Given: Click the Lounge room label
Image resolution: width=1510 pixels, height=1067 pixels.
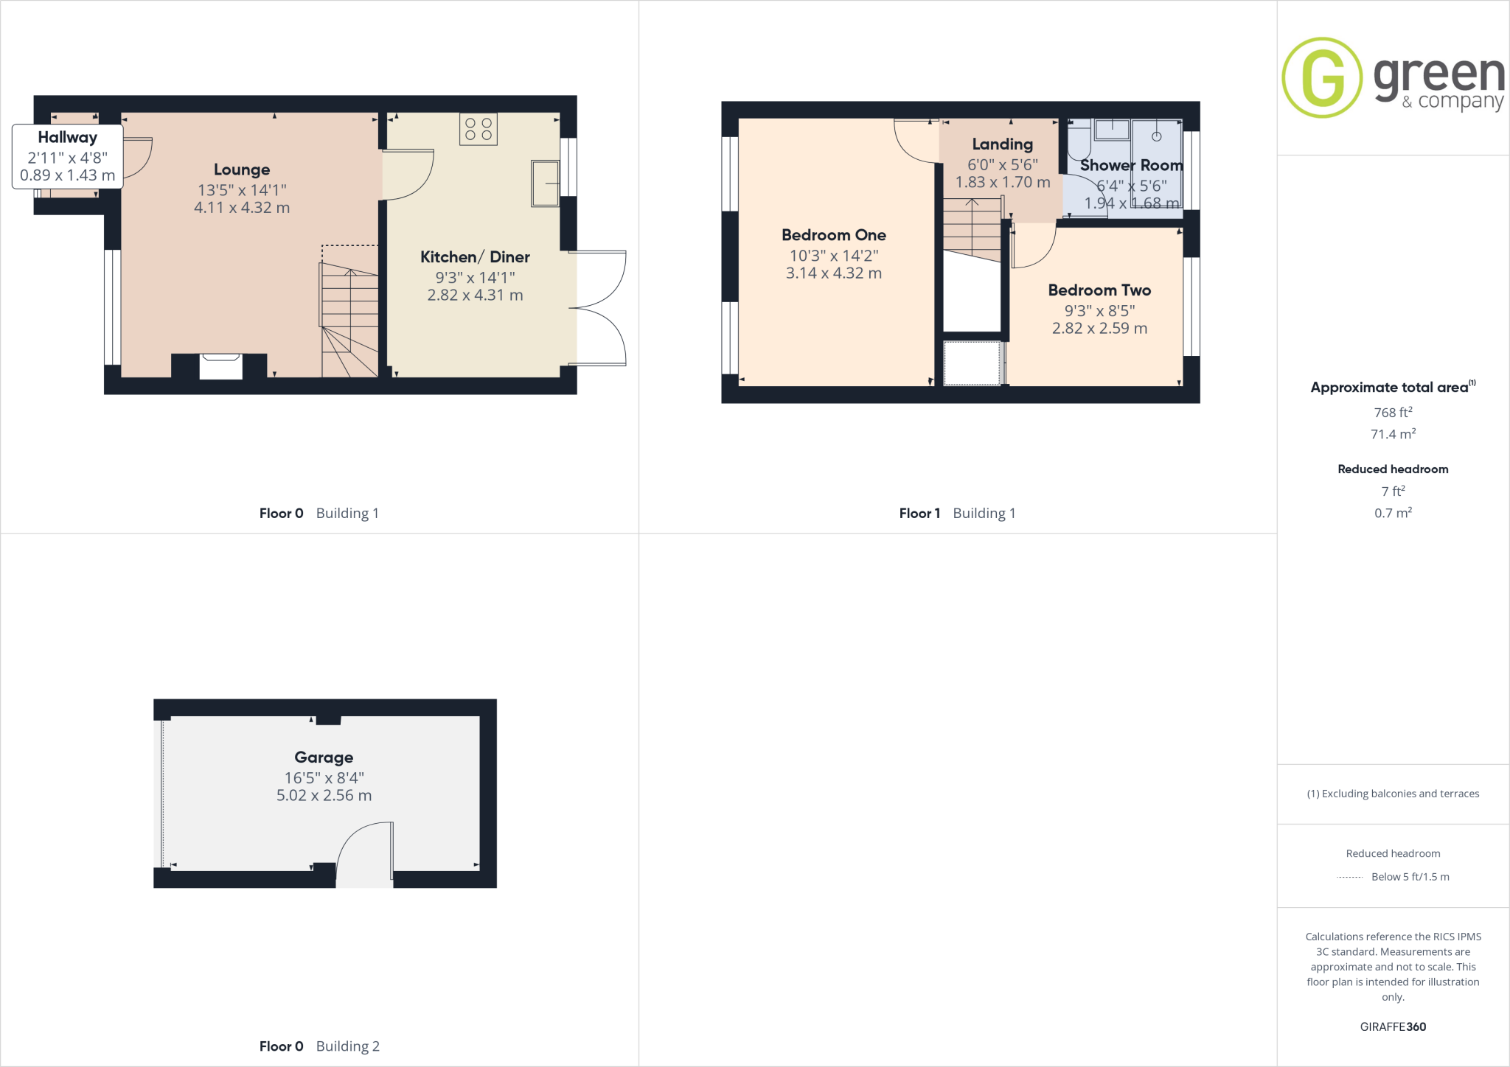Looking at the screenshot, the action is tap(242, 169).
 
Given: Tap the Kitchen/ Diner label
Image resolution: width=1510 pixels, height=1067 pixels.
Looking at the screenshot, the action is tap(475, 257).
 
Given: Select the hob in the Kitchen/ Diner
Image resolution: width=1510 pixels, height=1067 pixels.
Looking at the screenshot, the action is tap(479, 129).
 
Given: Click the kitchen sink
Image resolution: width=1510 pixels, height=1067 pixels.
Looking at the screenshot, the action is tap(545, 183).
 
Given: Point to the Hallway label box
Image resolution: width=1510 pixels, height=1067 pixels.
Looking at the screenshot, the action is tap(67, 156).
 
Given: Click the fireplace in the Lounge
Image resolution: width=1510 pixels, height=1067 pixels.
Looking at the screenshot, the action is tap(221, 366).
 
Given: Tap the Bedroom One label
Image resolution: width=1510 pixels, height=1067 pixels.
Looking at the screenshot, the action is tap(834, 235).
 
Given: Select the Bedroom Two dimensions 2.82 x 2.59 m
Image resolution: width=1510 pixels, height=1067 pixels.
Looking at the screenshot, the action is tap(1099, 329).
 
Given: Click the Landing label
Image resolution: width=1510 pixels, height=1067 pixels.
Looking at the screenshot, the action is tap(1003, 144).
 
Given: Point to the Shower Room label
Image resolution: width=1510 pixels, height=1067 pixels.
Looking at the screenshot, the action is tap(1132, 165).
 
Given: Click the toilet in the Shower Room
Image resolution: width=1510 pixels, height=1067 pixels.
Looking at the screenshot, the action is tap(1079, 140).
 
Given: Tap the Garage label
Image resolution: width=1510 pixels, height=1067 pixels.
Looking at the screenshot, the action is tap(324, 758).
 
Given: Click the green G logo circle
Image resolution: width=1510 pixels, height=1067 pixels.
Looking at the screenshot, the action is tap(1322, 77).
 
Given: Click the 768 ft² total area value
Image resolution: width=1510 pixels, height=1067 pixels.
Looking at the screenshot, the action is tap(1393, 413).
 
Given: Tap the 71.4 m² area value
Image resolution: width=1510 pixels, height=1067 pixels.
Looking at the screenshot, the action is tap(1393, 434).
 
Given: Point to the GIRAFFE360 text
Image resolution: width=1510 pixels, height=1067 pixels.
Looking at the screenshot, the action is tap(1393, 1026).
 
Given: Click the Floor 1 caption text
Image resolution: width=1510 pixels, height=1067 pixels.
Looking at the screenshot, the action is tap(919, 513).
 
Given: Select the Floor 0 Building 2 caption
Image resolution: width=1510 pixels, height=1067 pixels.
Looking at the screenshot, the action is tap(319, 1046).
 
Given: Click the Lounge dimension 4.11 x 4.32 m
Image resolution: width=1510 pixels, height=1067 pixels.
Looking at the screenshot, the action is tap(242, 208).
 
